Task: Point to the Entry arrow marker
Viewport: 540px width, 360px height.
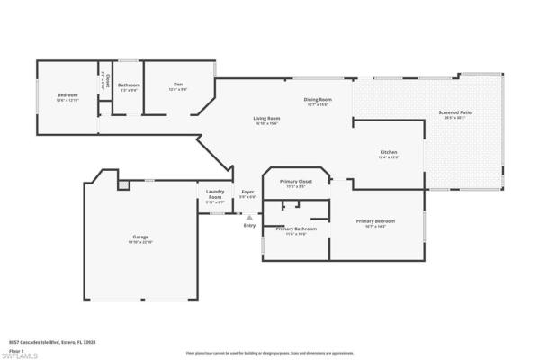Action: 249,216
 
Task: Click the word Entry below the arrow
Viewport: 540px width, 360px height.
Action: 249,225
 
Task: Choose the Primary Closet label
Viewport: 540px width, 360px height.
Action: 295,183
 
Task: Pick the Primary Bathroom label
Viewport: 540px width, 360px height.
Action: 297,230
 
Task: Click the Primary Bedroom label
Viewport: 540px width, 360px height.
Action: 375,222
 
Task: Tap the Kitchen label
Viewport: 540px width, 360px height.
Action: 388,154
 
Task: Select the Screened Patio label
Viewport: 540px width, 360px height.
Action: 454,114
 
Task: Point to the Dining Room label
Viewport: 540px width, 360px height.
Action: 318,101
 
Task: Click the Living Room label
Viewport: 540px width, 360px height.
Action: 265,120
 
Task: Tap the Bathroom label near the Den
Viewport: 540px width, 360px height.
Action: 129,86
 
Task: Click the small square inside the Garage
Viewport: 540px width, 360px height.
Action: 123,184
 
